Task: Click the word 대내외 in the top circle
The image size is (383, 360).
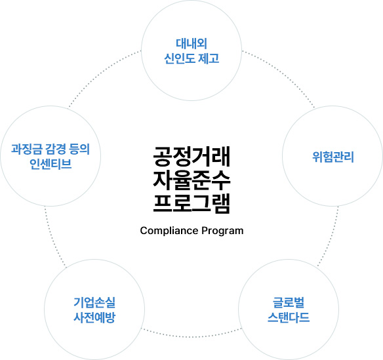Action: tap(191, 44)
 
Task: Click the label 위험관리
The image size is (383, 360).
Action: tap(333, 157)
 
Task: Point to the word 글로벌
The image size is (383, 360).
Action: tap(289, 302)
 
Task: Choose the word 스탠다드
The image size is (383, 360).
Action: tap(289, 317)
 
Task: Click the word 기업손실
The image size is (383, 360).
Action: tap(94, 302)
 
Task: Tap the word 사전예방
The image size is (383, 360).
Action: tap(94, 317)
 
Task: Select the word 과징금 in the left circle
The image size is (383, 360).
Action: tap(27, 149)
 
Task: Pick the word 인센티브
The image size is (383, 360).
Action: tap(50, 164)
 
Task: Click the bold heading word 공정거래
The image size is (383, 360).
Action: tap(191, 156)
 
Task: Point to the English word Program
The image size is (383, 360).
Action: tap(222, 231)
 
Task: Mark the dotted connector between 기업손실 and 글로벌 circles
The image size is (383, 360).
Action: tap(191, 336)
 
